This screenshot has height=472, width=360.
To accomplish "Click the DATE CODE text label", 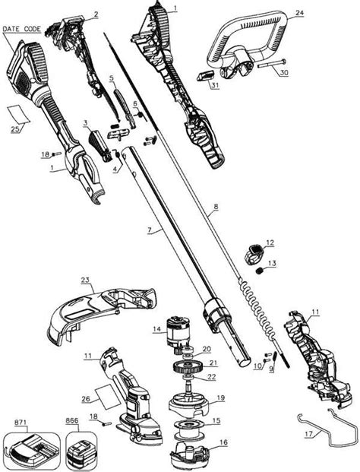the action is click(x=21, y=29).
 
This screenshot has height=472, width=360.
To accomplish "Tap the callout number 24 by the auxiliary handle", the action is click(x=299, y=13).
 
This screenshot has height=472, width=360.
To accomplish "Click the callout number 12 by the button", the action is click(x=270, y=242).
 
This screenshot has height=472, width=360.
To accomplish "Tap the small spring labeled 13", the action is click(x=259, y=271).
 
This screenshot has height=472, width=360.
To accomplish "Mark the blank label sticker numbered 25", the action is click(x=19, y=113).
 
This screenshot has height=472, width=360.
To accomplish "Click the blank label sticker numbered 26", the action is click(x=106, y=397).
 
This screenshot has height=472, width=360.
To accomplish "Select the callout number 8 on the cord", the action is click(x=216, y=207).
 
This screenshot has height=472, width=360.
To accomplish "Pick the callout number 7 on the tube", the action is click(x=150, y=230).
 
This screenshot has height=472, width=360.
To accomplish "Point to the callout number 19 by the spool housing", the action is click(x=220, y=398).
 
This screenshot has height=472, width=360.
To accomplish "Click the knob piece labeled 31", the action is click(x=206, y=75).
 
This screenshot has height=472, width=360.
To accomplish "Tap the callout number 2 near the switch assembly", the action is click(x=96, y=14).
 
